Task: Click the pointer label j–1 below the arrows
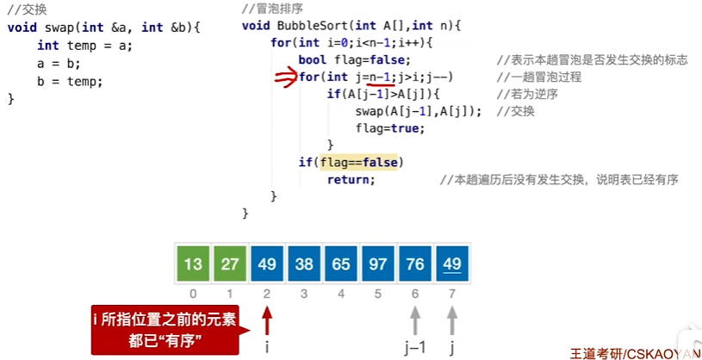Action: pos(415,347)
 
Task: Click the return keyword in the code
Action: pos(351,179)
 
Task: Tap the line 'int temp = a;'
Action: pos(84,45)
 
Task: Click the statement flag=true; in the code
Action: pos(389,128)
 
